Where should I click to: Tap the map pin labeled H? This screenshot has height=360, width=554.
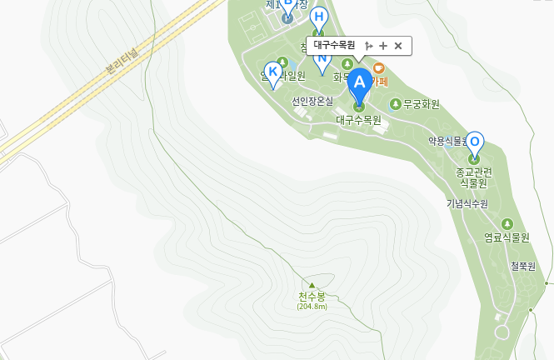point(318,17)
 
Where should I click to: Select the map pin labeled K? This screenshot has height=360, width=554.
point(272,72)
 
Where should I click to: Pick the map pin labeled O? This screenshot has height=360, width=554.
point(475,142)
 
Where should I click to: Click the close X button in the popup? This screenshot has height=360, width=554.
point(398,46)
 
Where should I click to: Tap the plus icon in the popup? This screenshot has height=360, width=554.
point(383,46)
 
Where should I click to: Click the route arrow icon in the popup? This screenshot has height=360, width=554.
point(368,46)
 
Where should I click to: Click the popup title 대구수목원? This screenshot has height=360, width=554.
point(334,46)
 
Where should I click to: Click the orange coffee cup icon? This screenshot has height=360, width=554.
point(378,67)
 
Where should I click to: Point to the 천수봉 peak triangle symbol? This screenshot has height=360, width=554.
point(312,285)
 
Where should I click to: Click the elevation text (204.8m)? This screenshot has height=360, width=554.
point(312,307)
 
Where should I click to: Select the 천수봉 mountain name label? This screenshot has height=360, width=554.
point(312,297)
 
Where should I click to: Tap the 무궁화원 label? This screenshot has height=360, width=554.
point(422,104)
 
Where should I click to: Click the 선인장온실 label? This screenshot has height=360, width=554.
point(312,101)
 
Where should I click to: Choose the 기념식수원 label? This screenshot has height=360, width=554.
point(467,203)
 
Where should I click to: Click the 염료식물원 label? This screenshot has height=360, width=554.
point(507,237)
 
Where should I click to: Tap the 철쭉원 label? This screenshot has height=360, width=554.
point(522,266)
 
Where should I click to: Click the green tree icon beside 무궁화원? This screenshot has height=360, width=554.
point(396,104)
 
